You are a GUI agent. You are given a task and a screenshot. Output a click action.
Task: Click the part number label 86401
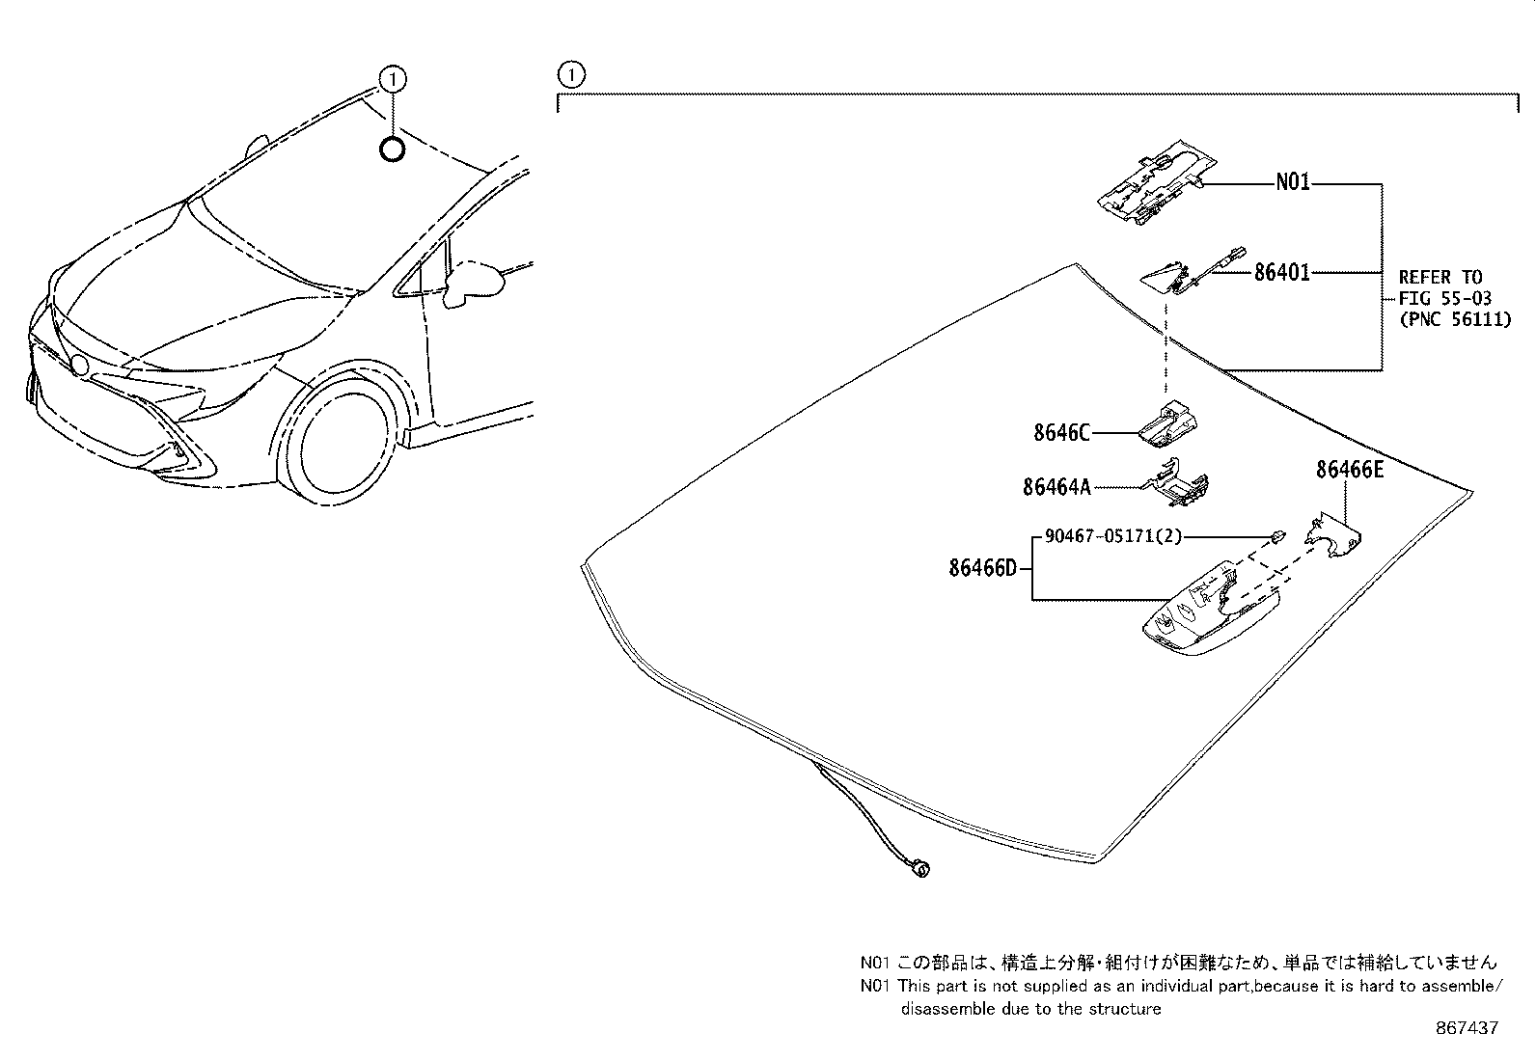pos(1281,273)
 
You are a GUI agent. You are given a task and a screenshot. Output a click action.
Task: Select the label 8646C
pos(1061,433)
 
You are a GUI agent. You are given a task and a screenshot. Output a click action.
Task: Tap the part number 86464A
pos(1056,488)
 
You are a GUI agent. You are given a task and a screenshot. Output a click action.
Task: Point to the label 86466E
pos(1349,470)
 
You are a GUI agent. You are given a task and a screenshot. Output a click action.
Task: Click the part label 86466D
pos(982,568)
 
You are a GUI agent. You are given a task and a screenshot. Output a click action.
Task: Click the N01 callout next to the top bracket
pos(1293,182)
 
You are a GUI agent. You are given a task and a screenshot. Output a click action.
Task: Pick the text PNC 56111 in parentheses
pos(1455,319)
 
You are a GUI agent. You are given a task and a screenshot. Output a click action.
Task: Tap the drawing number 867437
pos(1467,1028)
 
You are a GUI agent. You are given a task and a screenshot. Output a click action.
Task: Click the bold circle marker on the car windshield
pos(392,149)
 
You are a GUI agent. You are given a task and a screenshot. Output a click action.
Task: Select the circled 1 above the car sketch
pos(392,78)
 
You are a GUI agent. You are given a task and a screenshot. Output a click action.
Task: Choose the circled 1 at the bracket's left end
pos(570,74)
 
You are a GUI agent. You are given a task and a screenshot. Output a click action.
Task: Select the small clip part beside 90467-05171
pos(1276,536)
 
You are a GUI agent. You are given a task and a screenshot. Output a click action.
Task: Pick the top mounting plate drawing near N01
pos(1148,185)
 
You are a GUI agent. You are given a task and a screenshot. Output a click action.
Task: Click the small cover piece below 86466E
pos(1333,538)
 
